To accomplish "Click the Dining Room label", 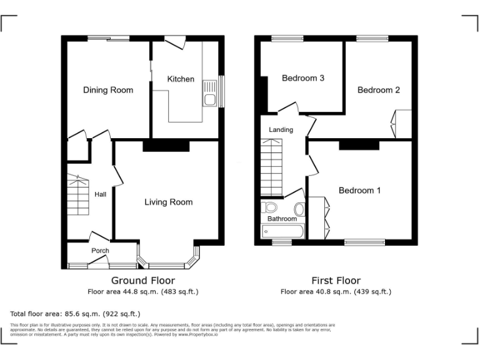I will click(108, 90).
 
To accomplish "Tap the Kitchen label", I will click(181, 79).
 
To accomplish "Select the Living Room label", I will click(169, 202).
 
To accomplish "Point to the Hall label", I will click(100, 195).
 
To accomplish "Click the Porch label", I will click(100, 251).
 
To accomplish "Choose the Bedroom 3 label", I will click(302, 79).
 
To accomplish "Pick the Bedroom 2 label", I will click(378, 90).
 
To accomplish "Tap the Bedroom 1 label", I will click(359, 191).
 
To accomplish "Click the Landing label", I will click(281, 130).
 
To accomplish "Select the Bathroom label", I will click(282, 219).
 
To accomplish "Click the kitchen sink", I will click(211, 99).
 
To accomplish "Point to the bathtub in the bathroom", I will click(282, 232).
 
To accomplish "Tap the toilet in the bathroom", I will click(271, 207).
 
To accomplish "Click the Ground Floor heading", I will click(143, 281).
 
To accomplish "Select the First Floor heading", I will click(336, 281).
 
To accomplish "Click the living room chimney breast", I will click(166, 146).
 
